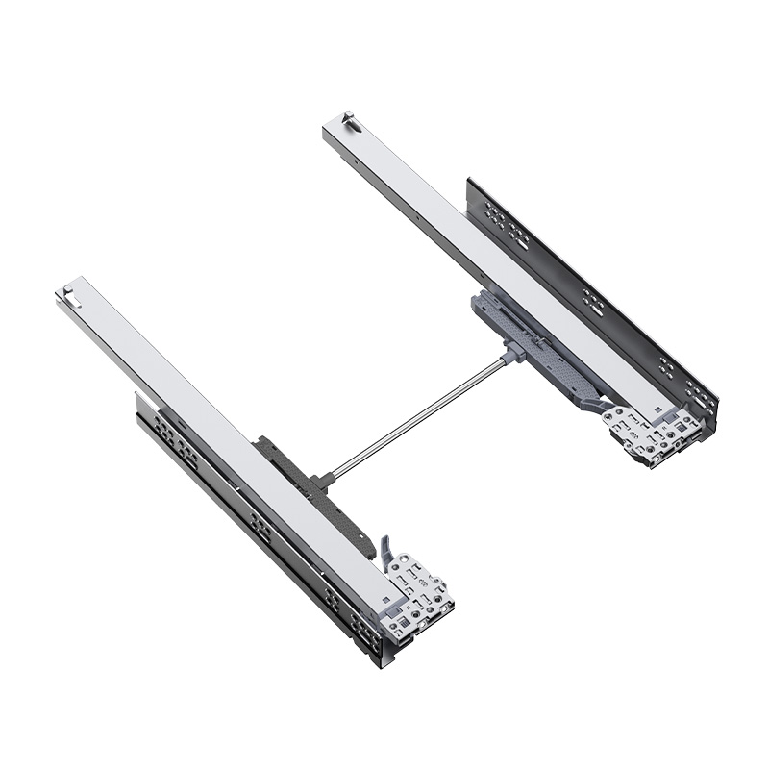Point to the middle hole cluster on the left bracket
[259, 525]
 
